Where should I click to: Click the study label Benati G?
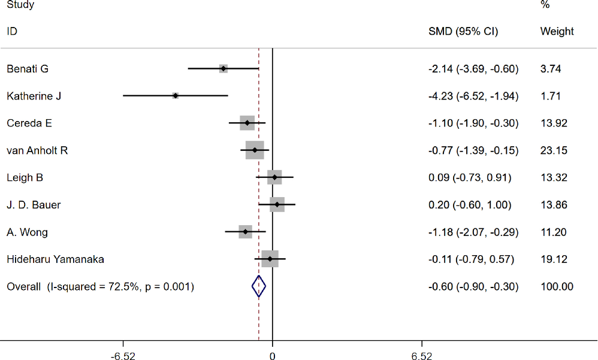click(x=27, y=69)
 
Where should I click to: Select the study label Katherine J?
click(x=34, y=96)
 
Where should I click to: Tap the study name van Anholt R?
click(x=37, y=150)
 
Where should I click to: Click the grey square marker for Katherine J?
click(x=176, y=96)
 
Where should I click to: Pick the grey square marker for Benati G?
click(x=224, y=69)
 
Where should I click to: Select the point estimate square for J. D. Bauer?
click(x=277, y=205)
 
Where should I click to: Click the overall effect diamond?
click(x=258, y=287)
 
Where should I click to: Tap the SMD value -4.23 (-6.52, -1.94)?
click(x=473, y=96)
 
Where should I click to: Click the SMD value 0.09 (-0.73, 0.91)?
click(x=470, y=178)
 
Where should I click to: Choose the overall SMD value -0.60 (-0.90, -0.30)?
click(x=473, y=287)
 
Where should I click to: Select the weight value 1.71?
click(x=551, y=96)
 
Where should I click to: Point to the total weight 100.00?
click(x=557, y=287)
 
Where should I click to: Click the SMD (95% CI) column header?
click(x=463, y=31)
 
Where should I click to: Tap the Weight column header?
click(x=557, y=31)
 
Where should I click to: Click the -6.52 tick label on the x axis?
click(x=123, y=354)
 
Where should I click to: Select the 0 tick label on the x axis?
click(x=273, y=354)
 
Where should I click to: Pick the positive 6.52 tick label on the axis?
click(x=422, y=354)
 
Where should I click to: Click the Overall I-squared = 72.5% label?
click(x=100, y=287)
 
